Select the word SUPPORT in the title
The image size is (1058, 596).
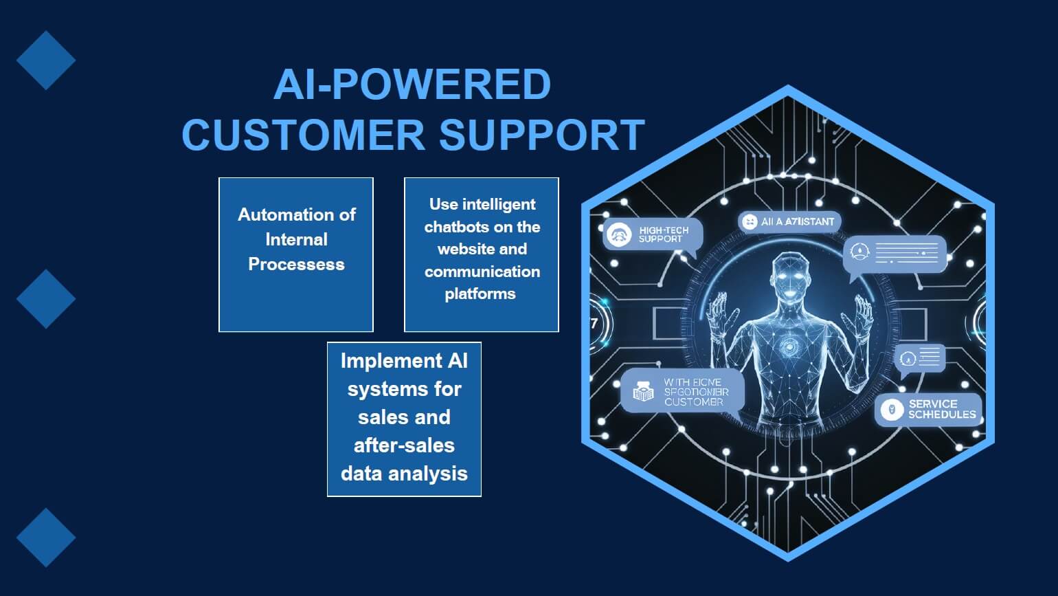pos(541,135)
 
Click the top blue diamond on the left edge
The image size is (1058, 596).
pos(46,60)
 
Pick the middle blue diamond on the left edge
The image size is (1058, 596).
pos(46,299)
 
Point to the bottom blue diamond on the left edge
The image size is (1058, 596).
pos(46,538)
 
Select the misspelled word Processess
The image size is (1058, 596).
pos(296,265)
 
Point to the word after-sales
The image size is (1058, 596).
pos(404,445)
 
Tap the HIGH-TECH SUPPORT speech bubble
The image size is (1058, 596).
pos(653,235)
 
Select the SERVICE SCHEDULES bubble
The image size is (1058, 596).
pos(929,410)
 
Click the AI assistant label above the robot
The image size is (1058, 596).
pos(789,222)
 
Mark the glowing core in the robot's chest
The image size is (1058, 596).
pos(789,347)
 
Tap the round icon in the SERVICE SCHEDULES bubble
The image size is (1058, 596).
pos(892,410)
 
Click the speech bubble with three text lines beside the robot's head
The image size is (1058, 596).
pos(895,253)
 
